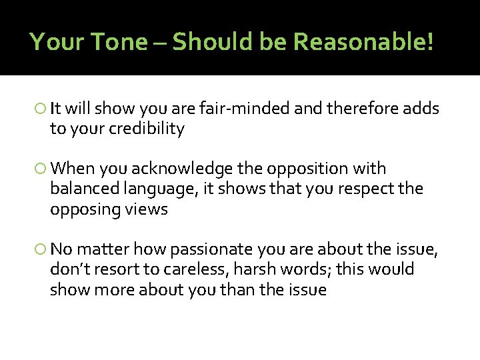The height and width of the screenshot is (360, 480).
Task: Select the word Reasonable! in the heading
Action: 363,42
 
